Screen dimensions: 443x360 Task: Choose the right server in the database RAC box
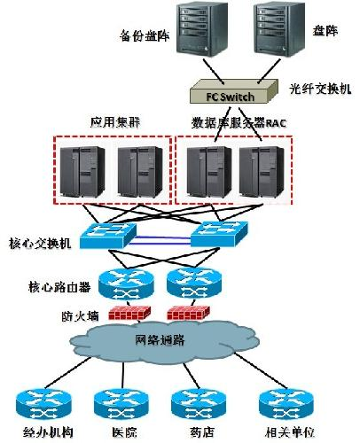click(x=264, y=173)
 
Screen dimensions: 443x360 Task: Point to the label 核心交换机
click(x=35, y=242)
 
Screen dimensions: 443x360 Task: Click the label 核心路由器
click(x=59, y=288)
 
